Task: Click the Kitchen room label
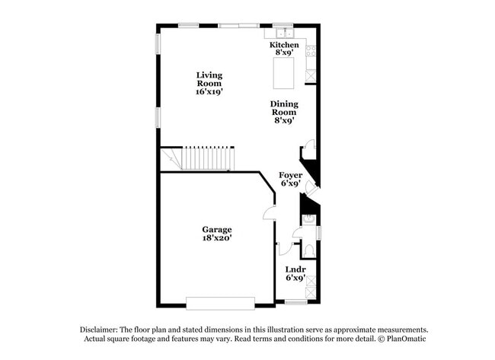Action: [284, 45]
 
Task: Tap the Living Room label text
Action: [209, 75]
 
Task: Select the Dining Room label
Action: [284, 104]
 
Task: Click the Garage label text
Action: [216, 229]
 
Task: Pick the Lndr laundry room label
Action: [295, 269]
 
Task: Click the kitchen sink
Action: [284, 33]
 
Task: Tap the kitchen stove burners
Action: [311, 51]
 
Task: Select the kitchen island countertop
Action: [284, 72]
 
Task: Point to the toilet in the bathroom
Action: [308, 248]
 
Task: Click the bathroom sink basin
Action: [308, 221]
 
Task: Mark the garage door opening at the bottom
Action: [220, 303]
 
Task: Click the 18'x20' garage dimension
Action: [216, 237]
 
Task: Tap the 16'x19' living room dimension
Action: [209, 91]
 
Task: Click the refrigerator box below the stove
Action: [311, 75]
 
